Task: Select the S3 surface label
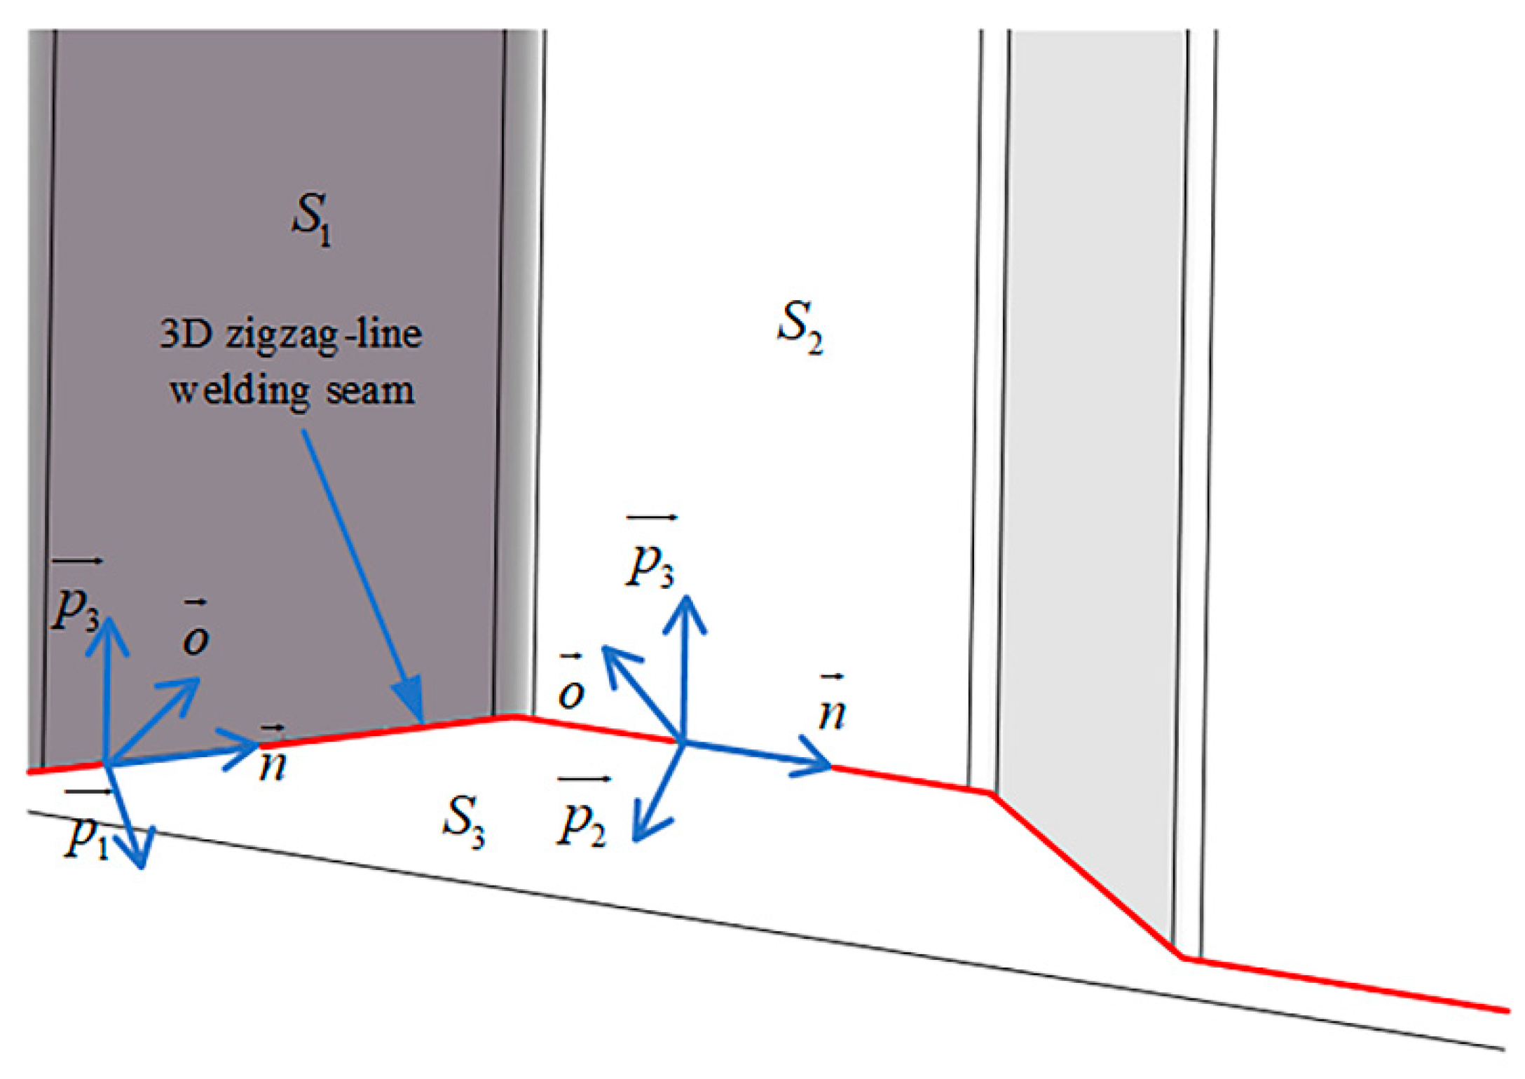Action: click(x=463, y=821)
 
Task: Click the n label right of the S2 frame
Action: click(x=832, y=712)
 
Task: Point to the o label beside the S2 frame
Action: click(x=570, y=690)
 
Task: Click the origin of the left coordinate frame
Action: click(x=107, y=763)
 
